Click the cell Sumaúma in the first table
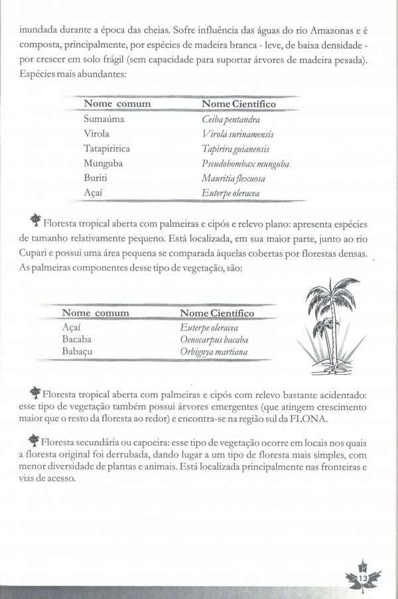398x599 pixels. point(103,119)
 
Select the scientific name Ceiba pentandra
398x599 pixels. point(231,119)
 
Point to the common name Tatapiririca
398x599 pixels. point(107,149)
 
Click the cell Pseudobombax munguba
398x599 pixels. point(245,164)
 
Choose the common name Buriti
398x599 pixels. point(96,178)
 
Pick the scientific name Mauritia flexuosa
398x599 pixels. point(233,178)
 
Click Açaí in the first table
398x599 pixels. point(94,193)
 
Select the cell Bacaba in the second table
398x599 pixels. point(77,340)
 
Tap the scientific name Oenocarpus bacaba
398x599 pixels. point(218,340)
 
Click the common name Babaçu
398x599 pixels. point(77,352)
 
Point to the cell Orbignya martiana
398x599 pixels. point(214,352)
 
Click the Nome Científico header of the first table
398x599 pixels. point(239,104)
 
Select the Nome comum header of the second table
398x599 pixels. point(96,313)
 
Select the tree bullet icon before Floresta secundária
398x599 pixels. point(34,440)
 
